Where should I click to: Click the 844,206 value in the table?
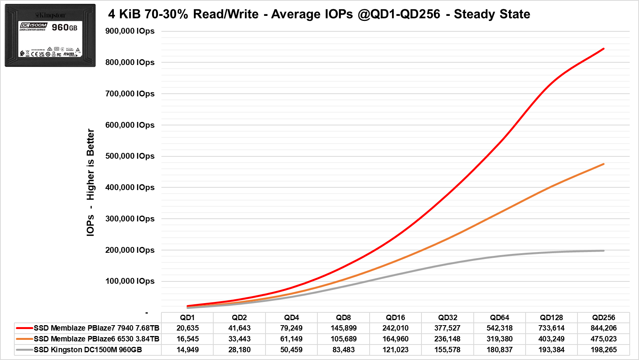[x=603, y=328]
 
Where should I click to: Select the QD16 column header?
[x=396, y=317]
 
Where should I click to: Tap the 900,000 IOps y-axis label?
[x=130, y=31]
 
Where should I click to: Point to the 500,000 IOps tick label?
[x=130, y=156]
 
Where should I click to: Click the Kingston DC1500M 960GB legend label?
[x=88, y=350]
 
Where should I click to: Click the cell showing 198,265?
[x=603, y=350]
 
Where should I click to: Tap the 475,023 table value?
[x=603, y=339]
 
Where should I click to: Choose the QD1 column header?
[x=187, y=317]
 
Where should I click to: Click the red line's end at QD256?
[x=603, y=49]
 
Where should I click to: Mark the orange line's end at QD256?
[x=603, y=164]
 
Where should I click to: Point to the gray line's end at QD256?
[x=603, y=250]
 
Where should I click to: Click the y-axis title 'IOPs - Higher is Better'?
[x=90, y=182]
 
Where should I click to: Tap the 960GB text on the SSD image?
[x=65, y=27]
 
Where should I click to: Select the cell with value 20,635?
[x=187, y=328]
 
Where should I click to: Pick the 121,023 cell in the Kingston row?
[x=396, y=350]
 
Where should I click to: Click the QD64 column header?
[x=499, y=317]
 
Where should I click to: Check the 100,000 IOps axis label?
[x=130, y=281]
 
